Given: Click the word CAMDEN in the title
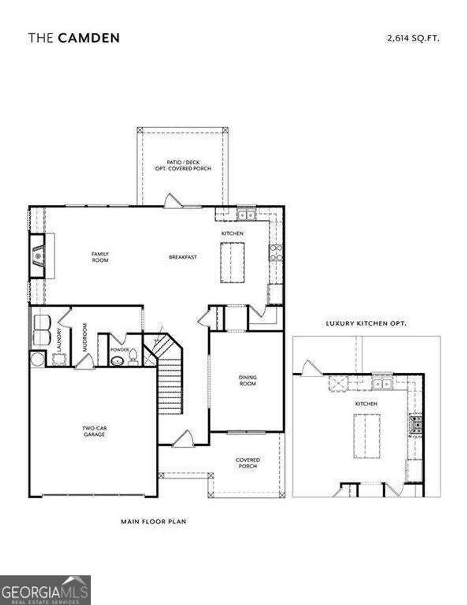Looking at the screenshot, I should point(89,38).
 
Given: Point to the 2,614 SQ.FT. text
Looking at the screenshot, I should point(413,39).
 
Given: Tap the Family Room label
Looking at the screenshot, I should point(100,257).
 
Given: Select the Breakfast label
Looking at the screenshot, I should point(183,257).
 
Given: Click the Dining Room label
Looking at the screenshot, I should point(248,381).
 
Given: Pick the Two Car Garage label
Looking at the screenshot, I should point(94,431).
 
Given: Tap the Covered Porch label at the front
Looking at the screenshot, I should point(248,463).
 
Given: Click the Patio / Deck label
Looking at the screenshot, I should point(182,165).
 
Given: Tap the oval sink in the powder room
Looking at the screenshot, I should point(118,361).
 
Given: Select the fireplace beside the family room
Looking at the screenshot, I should point(38,256).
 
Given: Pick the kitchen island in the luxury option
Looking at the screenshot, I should point(367,436).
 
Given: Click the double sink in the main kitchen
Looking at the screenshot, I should point(247,214).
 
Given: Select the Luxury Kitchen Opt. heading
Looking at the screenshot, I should point(366,323).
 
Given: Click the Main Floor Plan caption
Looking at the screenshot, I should point(154,521).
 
